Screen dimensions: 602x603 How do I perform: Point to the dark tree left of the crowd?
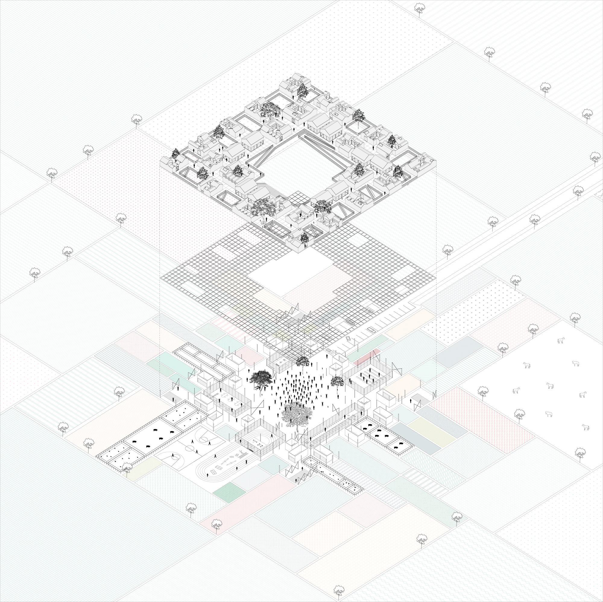pyautogui.click(x=260, y=379)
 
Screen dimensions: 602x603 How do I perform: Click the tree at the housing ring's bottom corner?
pyautogui.click(x=304, y=239)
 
